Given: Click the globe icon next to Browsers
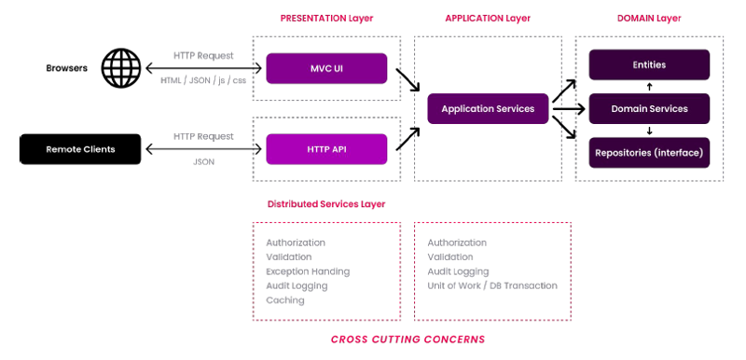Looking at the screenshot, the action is point(122,68).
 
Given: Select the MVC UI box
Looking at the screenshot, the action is point(326,68).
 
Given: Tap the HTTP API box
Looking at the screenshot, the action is point(326,149).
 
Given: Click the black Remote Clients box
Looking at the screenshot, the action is point(80,149).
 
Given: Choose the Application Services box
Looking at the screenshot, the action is point(488,109).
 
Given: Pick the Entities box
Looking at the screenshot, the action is point(649,64).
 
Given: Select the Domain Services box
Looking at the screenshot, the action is point(649,109).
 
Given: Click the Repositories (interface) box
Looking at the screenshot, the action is point(649,153).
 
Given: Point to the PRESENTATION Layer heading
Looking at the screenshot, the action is point(326,19).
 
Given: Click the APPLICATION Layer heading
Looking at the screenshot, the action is point(488,19).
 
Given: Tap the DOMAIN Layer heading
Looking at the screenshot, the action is point(649,19).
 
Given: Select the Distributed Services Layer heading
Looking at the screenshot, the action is point(325,204).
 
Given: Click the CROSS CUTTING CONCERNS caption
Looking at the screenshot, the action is point(408,339).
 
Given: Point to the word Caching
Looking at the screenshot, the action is point(285,300).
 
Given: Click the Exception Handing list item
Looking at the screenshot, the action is point(308,271).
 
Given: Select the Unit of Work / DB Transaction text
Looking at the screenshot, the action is point(492,285).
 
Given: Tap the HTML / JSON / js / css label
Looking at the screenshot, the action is point(203,81).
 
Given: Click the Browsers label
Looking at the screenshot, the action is point(66,68).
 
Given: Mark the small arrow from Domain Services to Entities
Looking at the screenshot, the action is point(649,87).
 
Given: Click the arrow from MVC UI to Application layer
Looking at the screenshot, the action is point(408,80).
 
